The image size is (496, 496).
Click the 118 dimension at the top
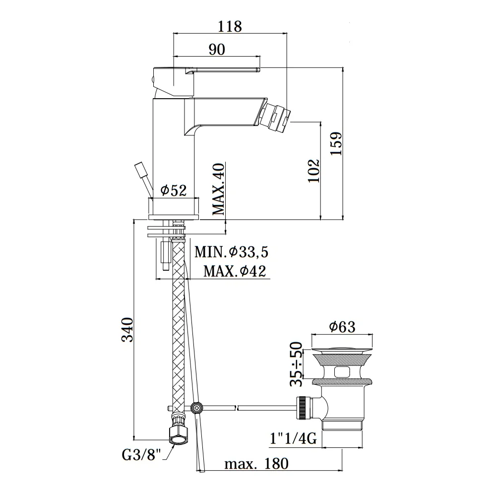[x=230, y=26]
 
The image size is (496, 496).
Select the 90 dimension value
[x=217, y=49]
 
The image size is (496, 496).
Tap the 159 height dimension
[x=336, y=143]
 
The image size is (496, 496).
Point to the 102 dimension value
[x=314, y=171]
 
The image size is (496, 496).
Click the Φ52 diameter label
[x=173, y=190]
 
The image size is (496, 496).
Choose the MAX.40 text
[x=218, y=189]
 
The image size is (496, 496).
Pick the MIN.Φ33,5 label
[x=231, y=252]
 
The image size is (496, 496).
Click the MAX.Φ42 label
[x=235, y=271]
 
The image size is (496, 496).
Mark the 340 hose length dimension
[x=128, y=330]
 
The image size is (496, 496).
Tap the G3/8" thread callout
[x=141, y=455]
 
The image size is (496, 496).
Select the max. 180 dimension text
[x=256, y=464]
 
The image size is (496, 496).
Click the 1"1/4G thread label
[x=293, y=439]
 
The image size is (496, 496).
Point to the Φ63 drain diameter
[x=342, y=326]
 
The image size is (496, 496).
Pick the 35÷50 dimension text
[x=297, y=364]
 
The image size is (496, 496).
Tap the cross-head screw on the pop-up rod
[x=197, y=408]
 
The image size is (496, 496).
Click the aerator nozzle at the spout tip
[x=274, y=117]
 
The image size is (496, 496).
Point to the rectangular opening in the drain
[x=343, y=372]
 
